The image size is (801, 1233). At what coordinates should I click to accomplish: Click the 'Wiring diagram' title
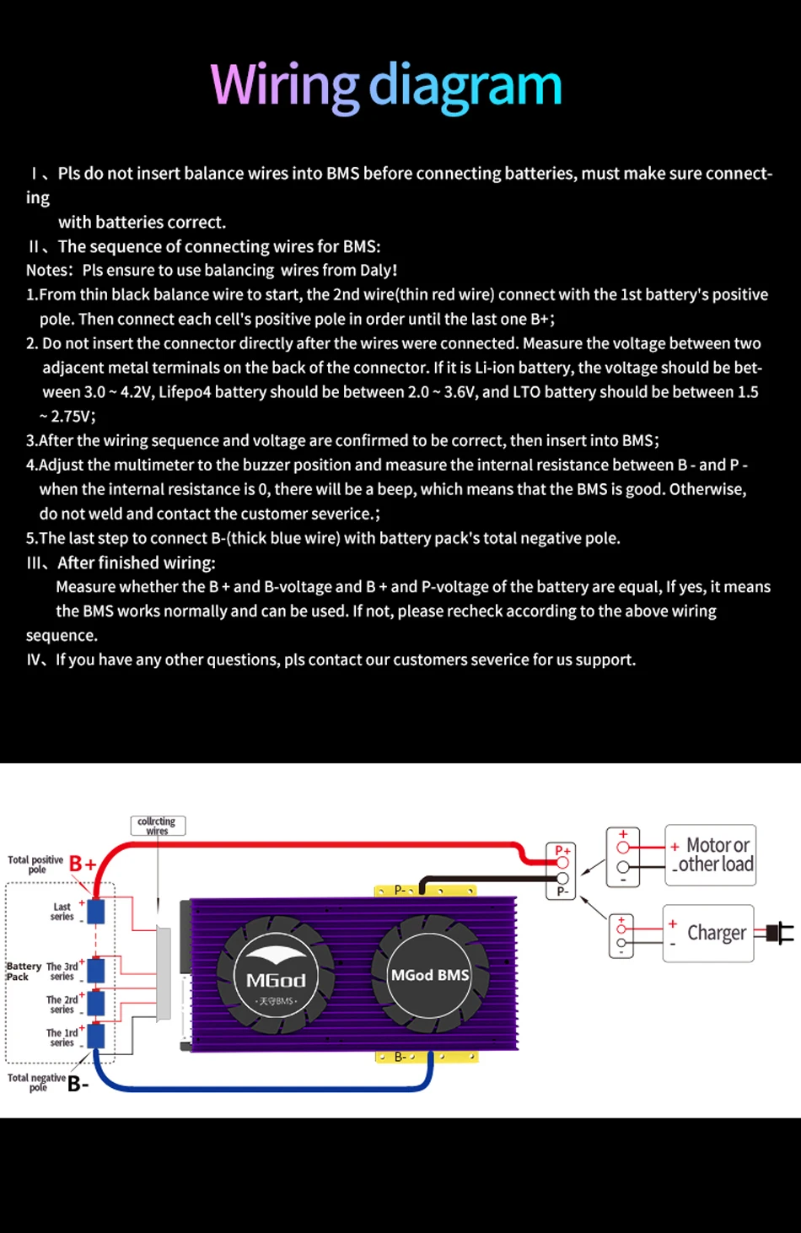click(386, 85)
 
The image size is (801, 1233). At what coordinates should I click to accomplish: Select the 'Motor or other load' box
click(711, 854)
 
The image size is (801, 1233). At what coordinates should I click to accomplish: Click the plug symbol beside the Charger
click(780, 933)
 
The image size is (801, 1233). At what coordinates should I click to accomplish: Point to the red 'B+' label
click(82, 863)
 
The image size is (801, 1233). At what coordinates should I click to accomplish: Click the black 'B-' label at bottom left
click(78, 1084)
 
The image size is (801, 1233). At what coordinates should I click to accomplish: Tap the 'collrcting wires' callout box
click(158, 826)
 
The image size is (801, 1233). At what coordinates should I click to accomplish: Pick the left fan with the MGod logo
click(276, 978)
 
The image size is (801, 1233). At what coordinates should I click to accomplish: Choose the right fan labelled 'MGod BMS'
click(430, 975)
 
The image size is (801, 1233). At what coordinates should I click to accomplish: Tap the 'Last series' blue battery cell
click(96, 911)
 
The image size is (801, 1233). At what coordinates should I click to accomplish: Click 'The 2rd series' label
click(62, 1004)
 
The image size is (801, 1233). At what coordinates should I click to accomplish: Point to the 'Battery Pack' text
click(23, 972)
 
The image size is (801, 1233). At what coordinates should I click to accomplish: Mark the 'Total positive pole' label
click(35, 864)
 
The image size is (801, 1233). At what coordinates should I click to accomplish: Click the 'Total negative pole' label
click(36, 1082)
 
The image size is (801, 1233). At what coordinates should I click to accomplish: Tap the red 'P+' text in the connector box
click(562, 850)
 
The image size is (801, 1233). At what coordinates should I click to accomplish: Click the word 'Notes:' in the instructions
click(50, 271)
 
